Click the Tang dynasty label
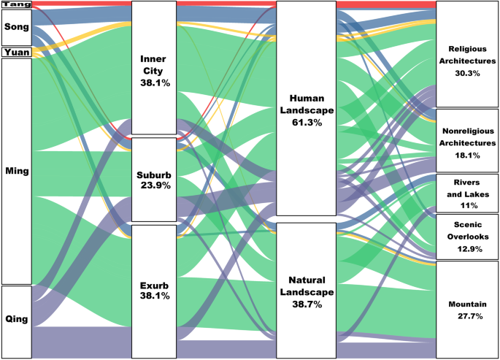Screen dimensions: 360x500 click(x=16, y=4)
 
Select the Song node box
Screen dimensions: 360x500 click(x=16, y=27)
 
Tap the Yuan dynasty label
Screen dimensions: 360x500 click(x=16, y=53)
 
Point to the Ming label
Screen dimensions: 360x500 click(x=16, y=171)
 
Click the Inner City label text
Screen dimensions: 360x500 click(x=154, y=64)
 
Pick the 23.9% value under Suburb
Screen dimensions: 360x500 click(x=154, y=185)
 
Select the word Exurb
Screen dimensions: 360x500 click(x=154, y=285)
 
